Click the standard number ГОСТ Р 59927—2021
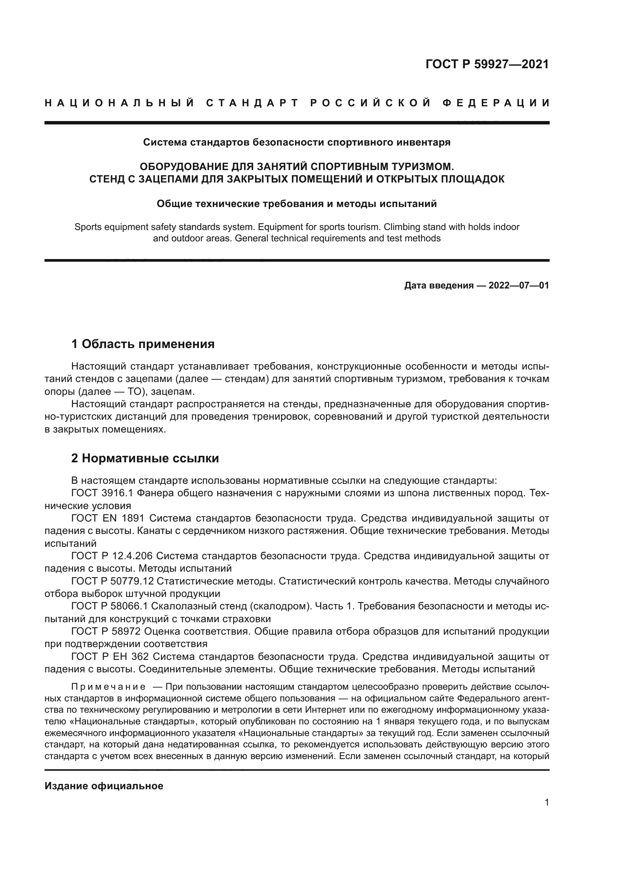pos(487,64)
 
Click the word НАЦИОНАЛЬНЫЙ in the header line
pos(120,103)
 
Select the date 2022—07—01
pos(519,285)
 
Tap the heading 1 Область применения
pos(143,344)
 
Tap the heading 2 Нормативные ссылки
pos(145,458)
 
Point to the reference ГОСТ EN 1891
pos(108,518)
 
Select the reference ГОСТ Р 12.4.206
pos(112,556)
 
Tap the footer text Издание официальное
pos(104,775)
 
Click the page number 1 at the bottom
pos(547,802)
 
